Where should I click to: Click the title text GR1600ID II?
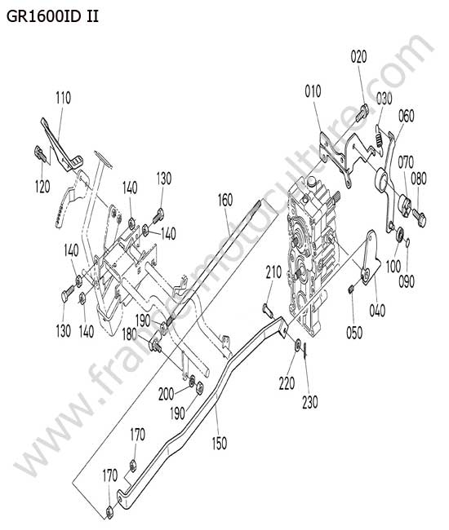point(53,15)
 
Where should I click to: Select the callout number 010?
point(313,91)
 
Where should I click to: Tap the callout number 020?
point(358,56)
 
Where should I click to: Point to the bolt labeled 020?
point(361,113)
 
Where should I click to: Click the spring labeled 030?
point(380,136)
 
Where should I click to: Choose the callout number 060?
point(406,116)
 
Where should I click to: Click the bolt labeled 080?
point(419,217)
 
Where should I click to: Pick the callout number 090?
point(406,281)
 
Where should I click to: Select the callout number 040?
point(377,310)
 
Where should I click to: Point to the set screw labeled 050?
point(351,289)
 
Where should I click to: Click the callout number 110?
point(64,98)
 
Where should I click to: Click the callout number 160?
point(225,200)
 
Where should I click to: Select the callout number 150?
point(220,443)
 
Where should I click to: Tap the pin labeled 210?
point(267,311)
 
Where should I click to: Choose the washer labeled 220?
point(298,344)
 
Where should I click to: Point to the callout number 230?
point(310,402)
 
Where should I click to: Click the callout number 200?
point(167,394)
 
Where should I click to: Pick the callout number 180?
point(129,334)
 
